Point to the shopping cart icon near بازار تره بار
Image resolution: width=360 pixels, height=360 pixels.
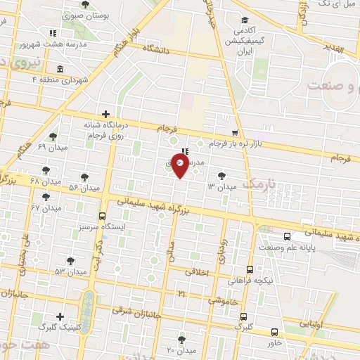235,132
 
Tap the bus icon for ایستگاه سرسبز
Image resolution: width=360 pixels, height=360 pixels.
102,216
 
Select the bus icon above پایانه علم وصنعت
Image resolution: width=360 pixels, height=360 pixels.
287,237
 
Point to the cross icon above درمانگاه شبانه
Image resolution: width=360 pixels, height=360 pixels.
105,114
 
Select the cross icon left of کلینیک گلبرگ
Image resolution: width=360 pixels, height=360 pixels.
60,316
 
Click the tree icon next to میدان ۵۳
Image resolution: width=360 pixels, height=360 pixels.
70,261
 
